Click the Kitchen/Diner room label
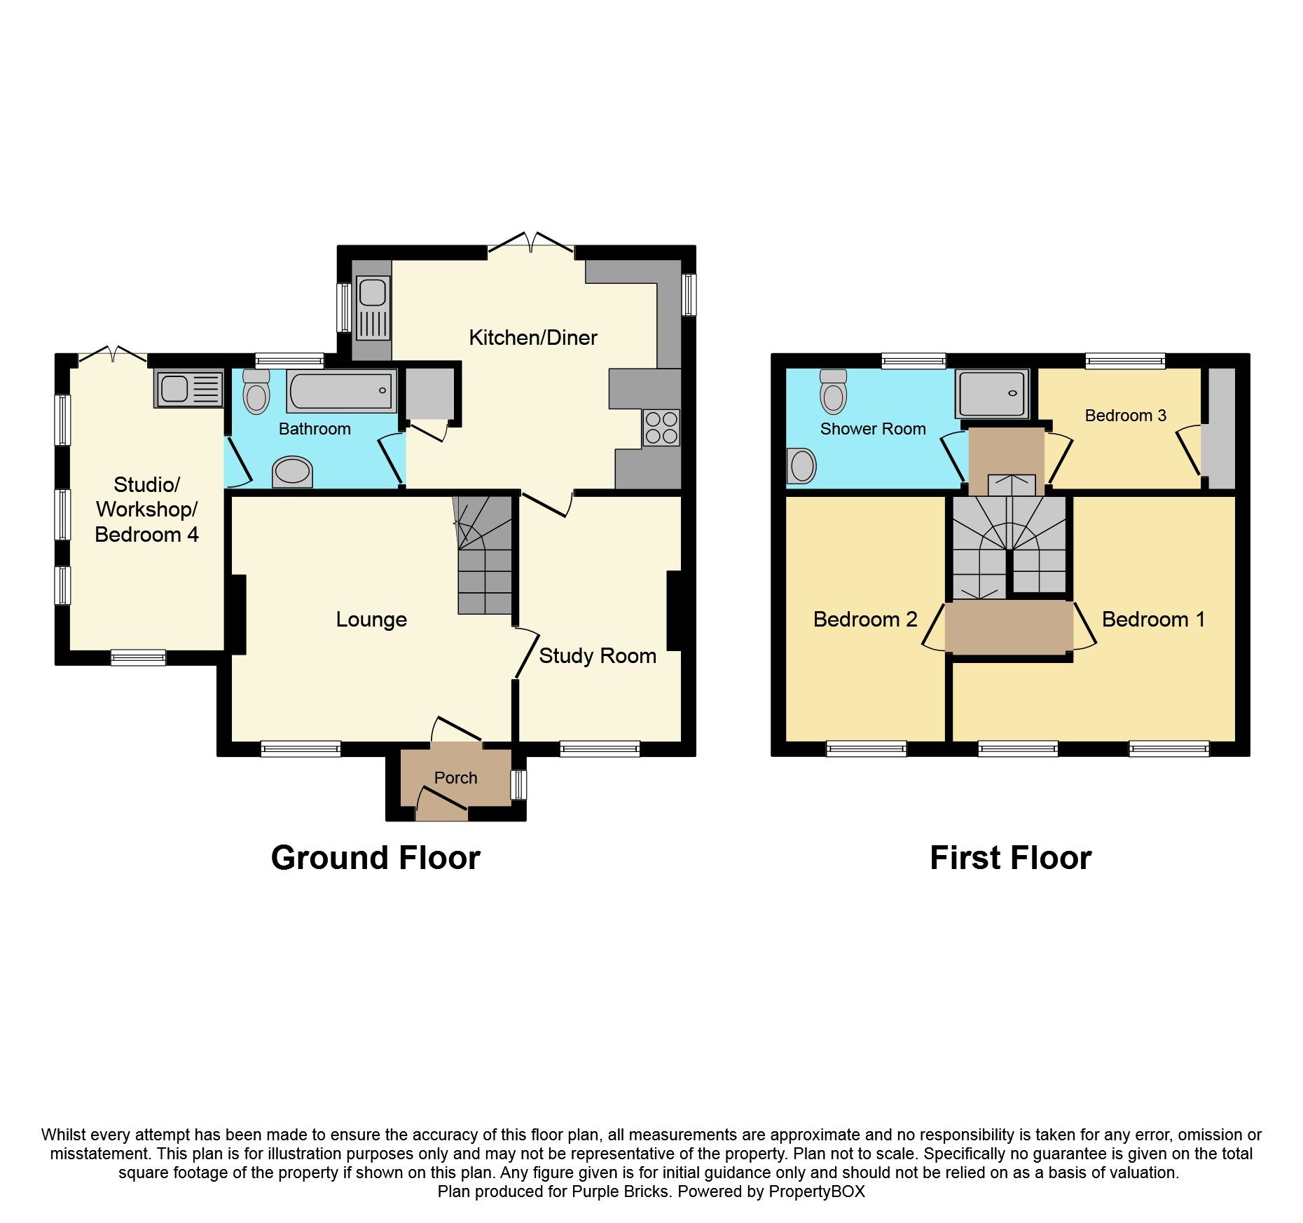[532, 338]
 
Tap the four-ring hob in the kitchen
[661, 428]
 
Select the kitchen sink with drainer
[373, 308]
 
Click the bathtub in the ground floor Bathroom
[341, 391]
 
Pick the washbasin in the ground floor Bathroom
[292, 472]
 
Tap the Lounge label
[371, 620]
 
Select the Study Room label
[598, 656]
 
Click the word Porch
[455, 778]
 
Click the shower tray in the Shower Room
[991, 394]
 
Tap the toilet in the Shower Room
[833, 392]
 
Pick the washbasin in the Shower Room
[802, 466]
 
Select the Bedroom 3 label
[1125, 416]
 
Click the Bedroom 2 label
[865, 620]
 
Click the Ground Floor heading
[375, 858]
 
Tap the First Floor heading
[1010, 858]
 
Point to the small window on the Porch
[518, 785]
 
